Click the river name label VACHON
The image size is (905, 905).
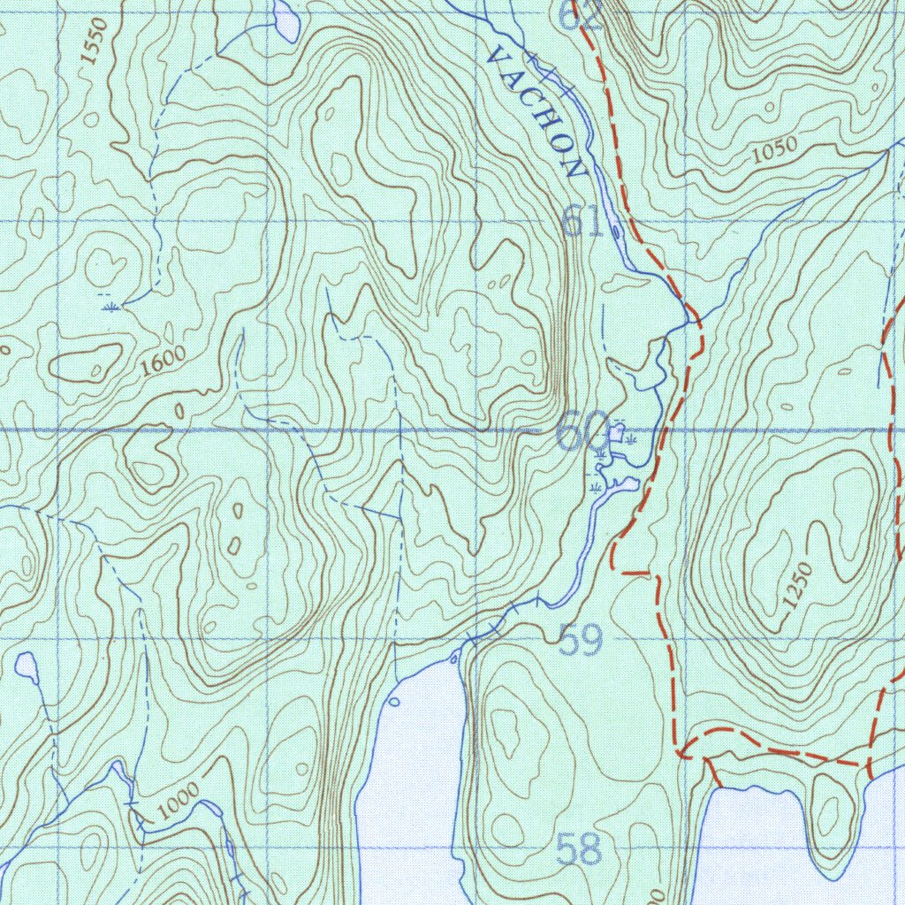point(536,111)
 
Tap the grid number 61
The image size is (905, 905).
point(583,221)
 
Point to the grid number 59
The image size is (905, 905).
point(582,641)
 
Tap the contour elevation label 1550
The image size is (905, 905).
point(93,42)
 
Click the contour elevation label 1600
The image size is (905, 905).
point(164,361)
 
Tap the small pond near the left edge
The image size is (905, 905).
point(27,666)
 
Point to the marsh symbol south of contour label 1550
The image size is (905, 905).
point(111,307)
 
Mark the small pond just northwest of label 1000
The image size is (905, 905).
point(119,772)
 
